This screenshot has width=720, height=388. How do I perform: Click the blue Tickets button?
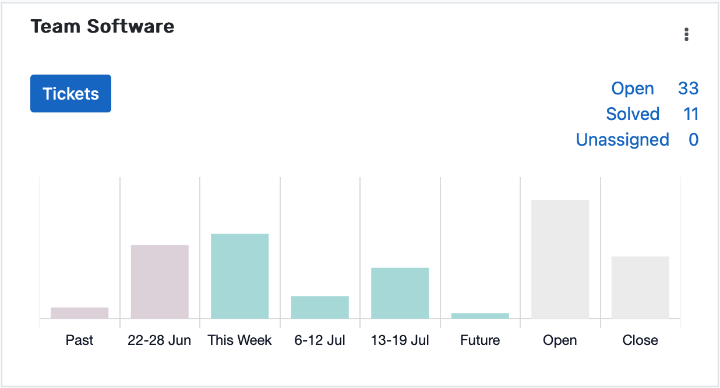[x=70, y=93]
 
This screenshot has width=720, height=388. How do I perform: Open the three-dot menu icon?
[x=687, y=34]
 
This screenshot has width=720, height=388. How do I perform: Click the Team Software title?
[x=103, y=26]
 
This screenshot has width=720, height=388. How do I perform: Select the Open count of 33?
[x=688, y=89]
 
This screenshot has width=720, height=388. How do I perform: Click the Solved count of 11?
[x=691, y=114]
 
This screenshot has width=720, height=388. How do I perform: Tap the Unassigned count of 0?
[x=693, y=140]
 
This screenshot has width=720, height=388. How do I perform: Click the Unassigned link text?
[x=622, y=140]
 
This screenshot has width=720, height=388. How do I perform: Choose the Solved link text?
[x=633, y=114]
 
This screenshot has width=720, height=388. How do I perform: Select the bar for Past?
[x=80, y=313]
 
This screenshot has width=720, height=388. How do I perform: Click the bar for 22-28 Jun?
[x=160, y=282]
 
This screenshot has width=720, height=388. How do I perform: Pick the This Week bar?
[x=239, y=276]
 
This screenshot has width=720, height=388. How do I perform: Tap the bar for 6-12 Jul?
[x=320, y=307]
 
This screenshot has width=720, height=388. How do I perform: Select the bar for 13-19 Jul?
[x=400, y=293]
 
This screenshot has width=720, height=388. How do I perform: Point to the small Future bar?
[x=480, y=316]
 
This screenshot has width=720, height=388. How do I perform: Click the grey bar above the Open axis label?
[x=560, y=259]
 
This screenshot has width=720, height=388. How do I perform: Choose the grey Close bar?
[x=640, y=287]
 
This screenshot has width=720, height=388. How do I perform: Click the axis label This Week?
[x=239, y=340]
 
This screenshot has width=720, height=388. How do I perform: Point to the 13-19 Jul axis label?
[x=400, y=340]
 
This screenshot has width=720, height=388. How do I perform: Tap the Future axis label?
[x=480, y=340]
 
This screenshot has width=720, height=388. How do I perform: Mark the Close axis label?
[x=640, y=340]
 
